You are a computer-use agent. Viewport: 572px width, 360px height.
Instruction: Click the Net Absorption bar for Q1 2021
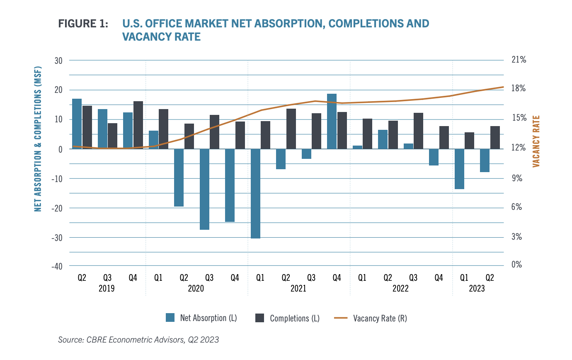pyautogui.click(x=255, y=194)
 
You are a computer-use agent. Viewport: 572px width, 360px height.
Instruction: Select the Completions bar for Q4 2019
pyautogui.click(x=138, y=125)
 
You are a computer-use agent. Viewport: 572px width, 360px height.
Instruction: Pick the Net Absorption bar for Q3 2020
pyautogui.click(x=204, y=189)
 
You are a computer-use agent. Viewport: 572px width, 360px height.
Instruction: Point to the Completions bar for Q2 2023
pyautogui.click(x=495, y=137)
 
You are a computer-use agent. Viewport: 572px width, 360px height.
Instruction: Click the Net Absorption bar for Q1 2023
pyautogui.click(x=459, y=169)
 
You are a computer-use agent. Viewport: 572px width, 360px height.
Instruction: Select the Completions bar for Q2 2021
pyautogui.click(x=291, y=129)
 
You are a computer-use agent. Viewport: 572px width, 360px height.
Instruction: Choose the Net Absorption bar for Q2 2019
pyautogui.click(x=77, y=124)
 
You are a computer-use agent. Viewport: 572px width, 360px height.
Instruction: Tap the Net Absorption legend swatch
pyautogui.click(x=170, y=318)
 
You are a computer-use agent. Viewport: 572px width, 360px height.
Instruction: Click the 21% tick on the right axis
pyautogui.click(x=518, y=60)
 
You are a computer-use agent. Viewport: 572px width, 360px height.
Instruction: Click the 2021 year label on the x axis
pyautogui.click(x=298, y=288)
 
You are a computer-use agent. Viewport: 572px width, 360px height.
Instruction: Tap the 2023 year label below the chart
pyautogui.click(x=477, y=288)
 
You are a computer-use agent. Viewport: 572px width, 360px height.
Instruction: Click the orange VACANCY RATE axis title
pyautogui.click(x=536, y=141)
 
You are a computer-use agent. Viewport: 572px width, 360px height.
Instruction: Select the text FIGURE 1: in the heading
pyautogui.click(x=83, y=24)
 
